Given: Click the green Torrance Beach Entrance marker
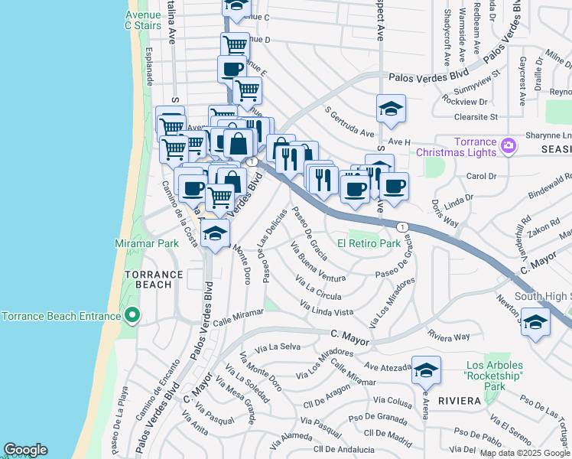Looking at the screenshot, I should point(132,315).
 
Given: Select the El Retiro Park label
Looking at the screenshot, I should point(369,243).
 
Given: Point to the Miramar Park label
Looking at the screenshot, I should point(147,243).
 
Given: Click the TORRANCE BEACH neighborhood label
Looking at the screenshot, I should point(154,279).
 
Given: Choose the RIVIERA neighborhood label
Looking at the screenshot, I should point(459,401).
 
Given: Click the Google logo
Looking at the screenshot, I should point(25,450).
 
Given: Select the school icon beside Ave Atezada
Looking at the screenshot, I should point(426,371).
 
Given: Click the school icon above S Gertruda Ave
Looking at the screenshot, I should point(390,109).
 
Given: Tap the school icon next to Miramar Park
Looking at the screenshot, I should point(216,233).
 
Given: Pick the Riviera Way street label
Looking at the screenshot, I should point(449,336).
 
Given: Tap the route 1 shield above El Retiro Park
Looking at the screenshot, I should point(401,226).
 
